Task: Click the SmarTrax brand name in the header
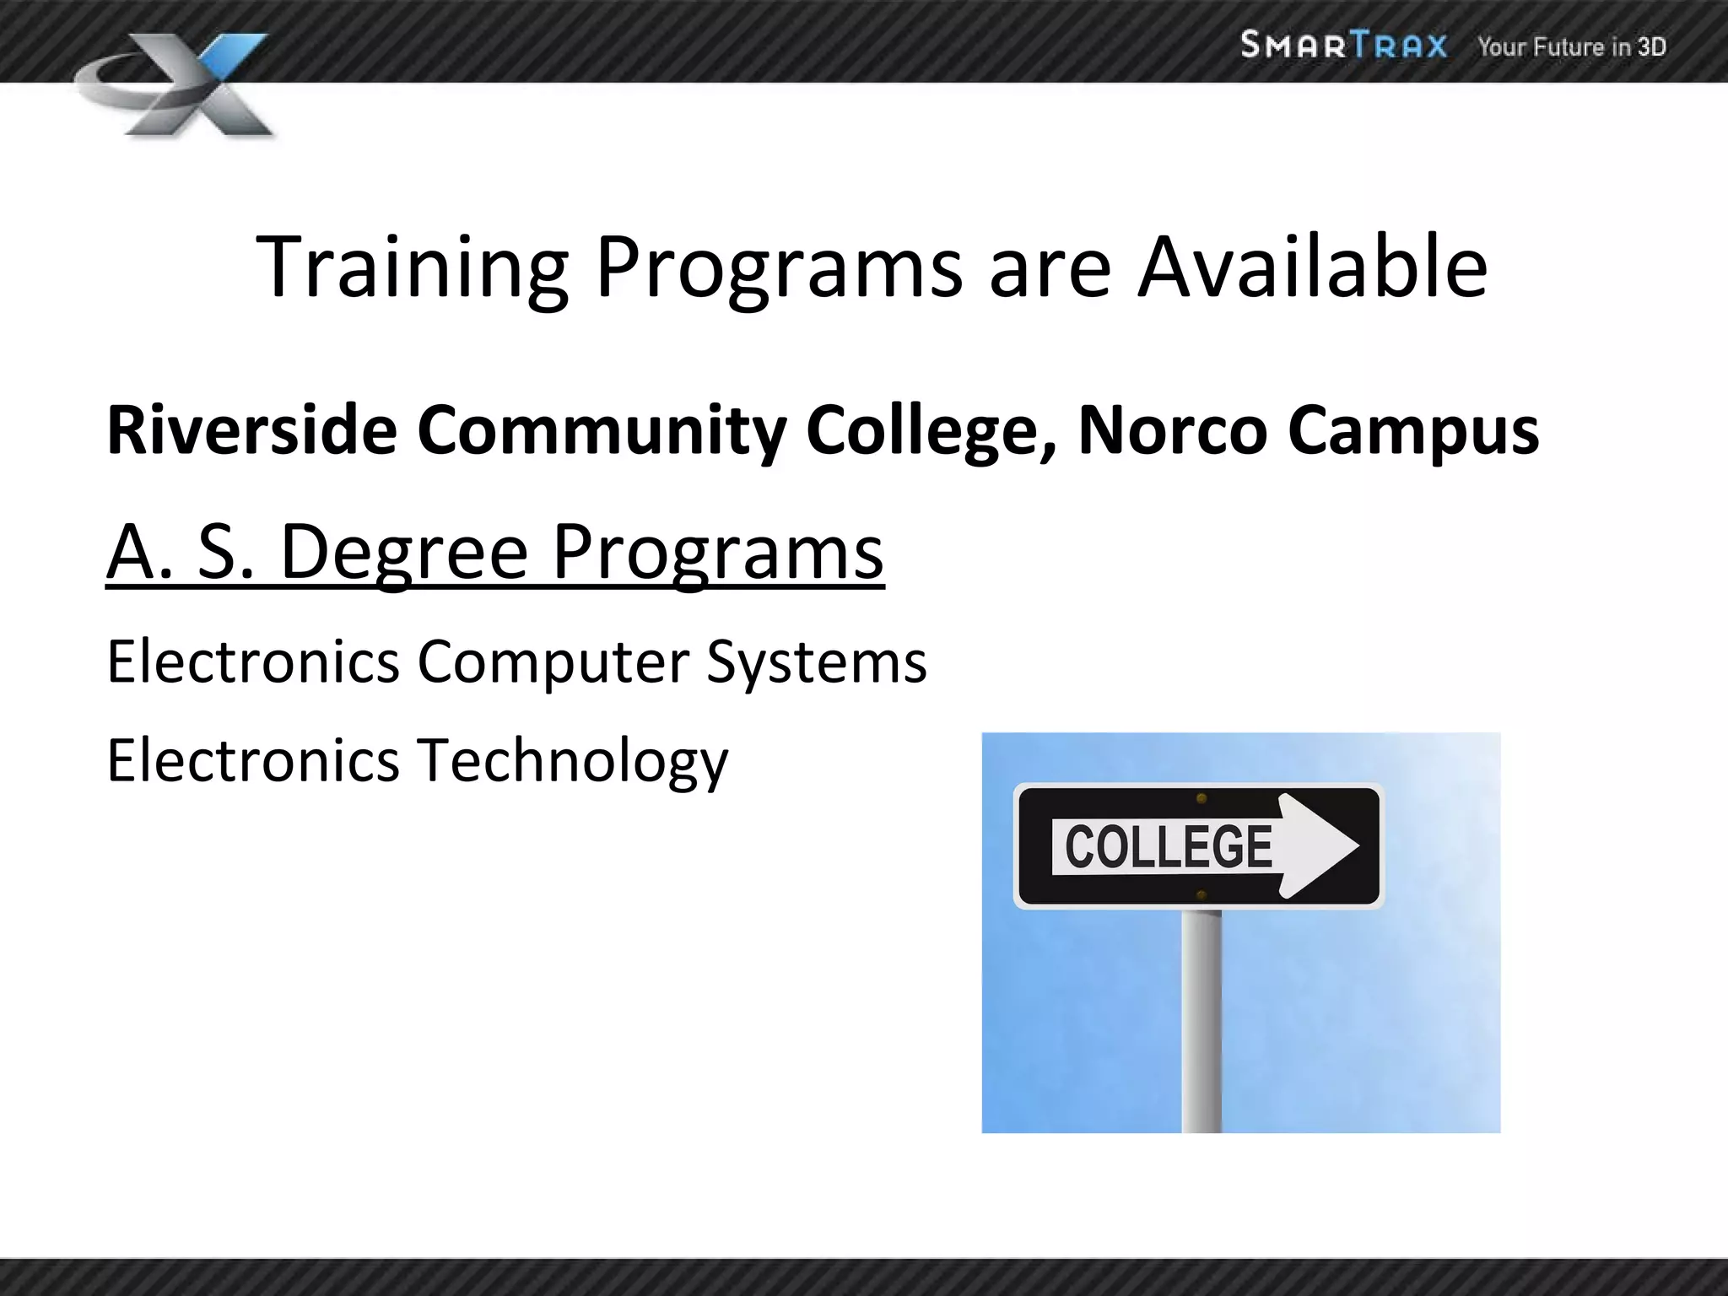[x=1343, y=45]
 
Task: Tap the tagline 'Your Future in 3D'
[x=1571, y=46]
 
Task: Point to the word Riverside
[x=251, y=430]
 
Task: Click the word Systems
[x=816, y=663]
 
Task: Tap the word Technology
[x=573, y=761]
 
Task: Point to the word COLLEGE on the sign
[x=1169, y=847]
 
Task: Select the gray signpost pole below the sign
[x=1201, y=1021]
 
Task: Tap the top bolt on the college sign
[x=1201, y=798]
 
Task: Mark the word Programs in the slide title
[x=778, y=268]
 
